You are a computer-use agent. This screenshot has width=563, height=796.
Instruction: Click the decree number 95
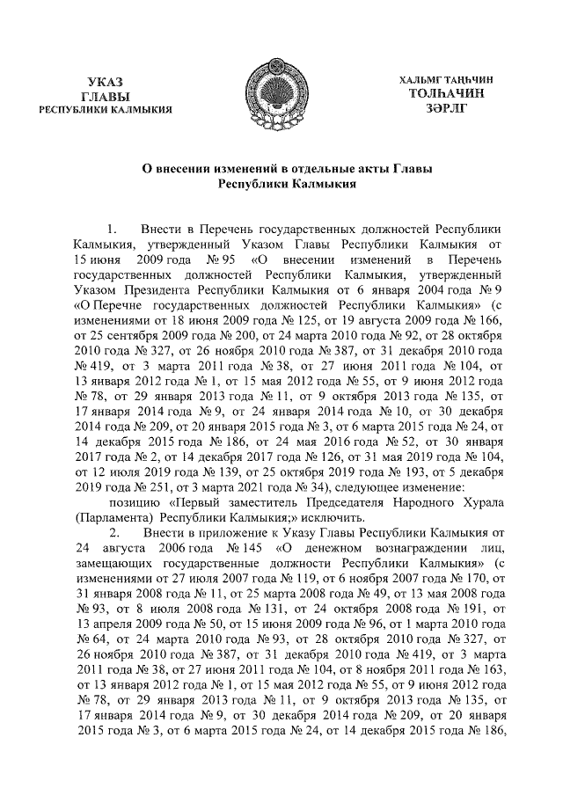coord(225,261)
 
